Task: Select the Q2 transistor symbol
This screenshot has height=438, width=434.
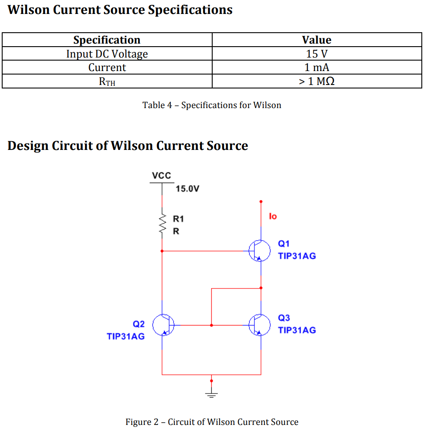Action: point(165,325)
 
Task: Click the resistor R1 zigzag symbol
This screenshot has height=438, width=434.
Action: point(162,224)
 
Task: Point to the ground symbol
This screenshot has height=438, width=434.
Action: point(212,394)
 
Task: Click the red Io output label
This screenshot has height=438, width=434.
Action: point(273,216)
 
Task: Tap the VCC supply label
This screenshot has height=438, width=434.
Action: point(162,176)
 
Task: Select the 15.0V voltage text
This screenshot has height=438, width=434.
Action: point(188,189)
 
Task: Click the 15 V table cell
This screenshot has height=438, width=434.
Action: point(317,54)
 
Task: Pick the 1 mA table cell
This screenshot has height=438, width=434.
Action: point(317,68)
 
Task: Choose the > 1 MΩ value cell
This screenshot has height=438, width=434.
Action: point(317,81)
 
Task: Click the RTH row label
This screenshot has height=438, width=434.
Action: point(107,81)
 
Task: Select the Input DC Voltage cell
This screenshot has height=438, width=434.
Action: point(107,54)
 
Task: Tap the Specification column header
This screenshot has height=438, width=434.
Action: point(107,40)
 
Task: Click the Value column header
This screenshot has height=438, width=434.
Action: point(317,40)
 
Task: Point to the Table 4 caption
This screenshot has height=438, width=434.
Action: point(212,105)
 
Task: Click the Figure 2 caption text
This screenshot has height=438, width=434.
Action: point(212,422)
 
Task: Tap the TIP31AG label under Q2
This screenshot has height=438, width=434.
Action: point(125,336)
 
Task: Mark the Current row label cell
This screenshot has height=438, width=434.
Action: point(107,68)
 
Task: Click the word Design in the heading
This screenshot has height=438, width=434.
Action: point(28,146)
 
